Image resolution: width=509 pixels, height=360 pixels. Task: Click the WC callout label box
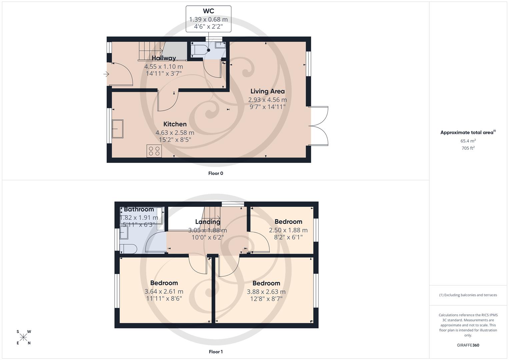coord(208,19)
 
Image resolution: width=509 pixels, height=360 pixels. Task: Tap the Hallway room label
coord(164,58)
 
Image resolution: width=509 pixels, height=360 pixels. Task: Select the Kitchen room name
coord(175,124)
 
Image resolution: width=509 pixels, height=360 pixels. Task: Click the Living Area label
coord(267,91)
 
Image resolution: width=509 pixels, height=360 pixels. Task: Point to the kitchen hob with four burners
coord(154,151)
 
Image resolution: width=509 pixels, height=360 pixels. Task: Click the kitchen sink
coord(117,129)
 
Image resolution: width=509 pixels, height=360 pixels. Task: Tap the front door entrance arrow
coord(106,74)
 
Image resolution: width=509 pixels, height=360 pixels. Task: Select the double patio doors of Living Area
coord(319,126)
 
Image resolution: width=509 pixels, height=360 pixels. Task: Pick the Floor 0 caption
coord(215,173)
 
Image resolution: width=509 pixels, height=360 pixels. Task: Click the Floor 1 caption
coord(215,352)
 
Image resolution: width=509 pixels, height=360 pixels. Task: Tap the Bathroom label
coord(139,209)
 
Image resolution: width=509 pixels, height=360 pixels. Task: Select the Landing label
coord(207,222)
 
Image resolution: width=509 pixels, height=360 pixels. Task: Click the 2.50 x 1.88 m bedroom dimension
coord(288,230)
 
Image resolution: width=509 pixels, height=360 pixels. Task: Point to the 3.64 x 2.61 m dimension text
coord(164,291)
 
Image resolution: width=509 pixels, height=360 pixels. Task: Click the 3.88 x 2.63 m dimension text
coord(266,292)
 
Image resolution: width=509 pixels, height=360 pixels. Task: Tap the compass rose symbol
coord(23,337)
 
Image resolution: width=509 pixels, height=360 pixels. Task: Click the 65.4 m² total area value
coord(468,141)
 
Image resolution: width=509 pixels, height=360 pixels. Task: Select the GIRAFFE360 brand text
coord(468,345)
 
